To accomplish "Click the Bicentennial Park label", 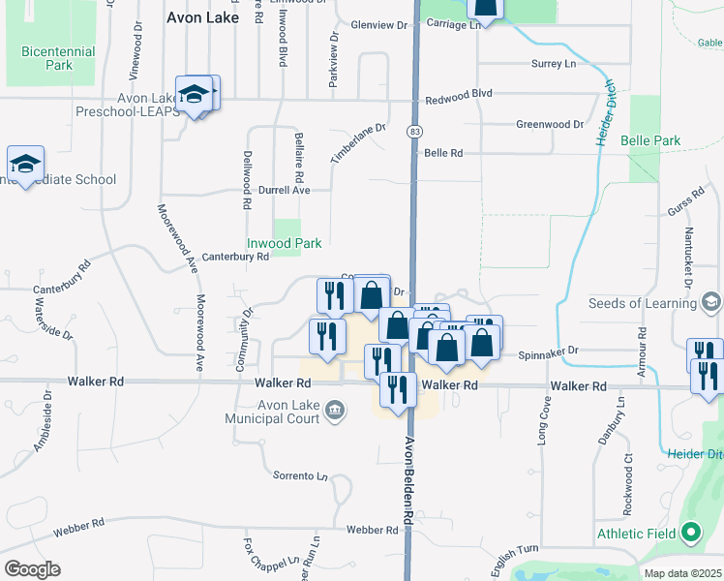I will click(x=57, y=58).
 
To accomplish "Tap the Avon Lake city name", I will click(x=202, y=16).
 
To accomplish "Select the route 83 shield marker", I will click(x=415, y=131).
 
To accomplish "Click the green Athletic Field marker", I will click(x=690, y=532).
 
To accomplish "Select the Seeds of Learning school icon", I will click(x=711, y=302).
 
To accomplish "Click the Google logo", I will click(x=32, y=569).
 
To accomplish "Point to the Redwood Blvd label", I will click(x=460, y=93).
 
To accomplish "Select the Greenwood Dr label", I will click(x=550, y=124).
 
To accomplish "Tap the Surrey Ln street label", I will click(x=554, y=63).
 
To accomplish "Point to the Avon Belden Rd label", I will click(x=408, y=479).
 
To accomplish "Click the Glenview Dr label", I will click(x=376, y=24).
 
